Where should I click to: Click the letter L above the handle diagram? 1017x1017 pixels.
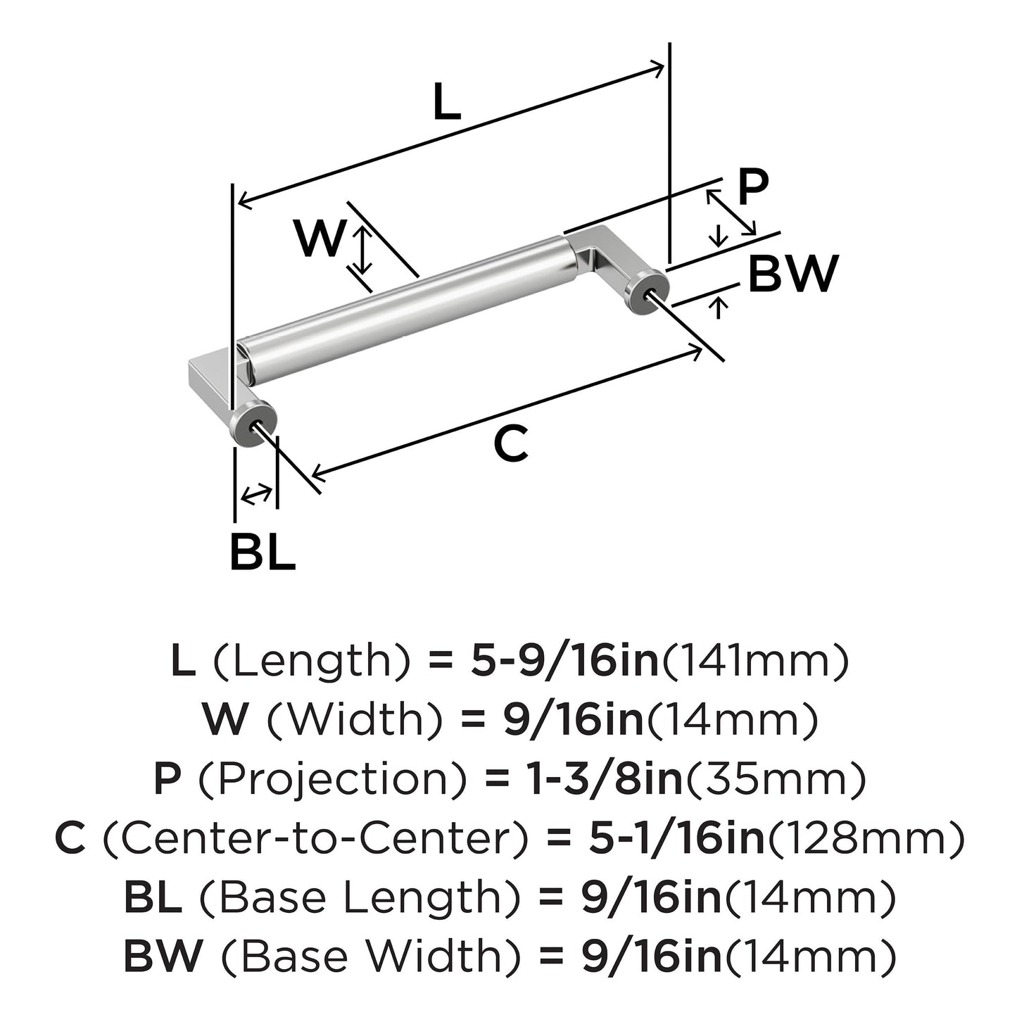[x=446, y=103]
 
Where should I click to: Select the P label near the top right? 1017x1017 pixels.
[x=752, y=187]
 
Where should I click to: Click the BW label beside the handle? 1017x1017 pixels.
[x=792, y=274]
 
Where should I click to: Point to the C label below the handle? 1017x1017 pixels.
[x=510, y=444]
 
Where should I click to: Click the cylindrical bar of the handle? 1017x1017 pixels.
[x=408, y=310]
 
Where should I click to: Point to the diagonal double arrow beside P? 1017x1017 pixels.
[x=731, y=212]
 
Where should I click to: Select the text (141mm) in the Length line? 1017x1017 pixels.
[x=754, y=661]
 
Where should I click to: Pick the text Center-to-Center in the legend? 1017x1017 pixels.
[x=315, y=838]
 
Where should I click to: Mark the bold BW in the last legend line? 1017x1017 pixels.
[x=163, y=956]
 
